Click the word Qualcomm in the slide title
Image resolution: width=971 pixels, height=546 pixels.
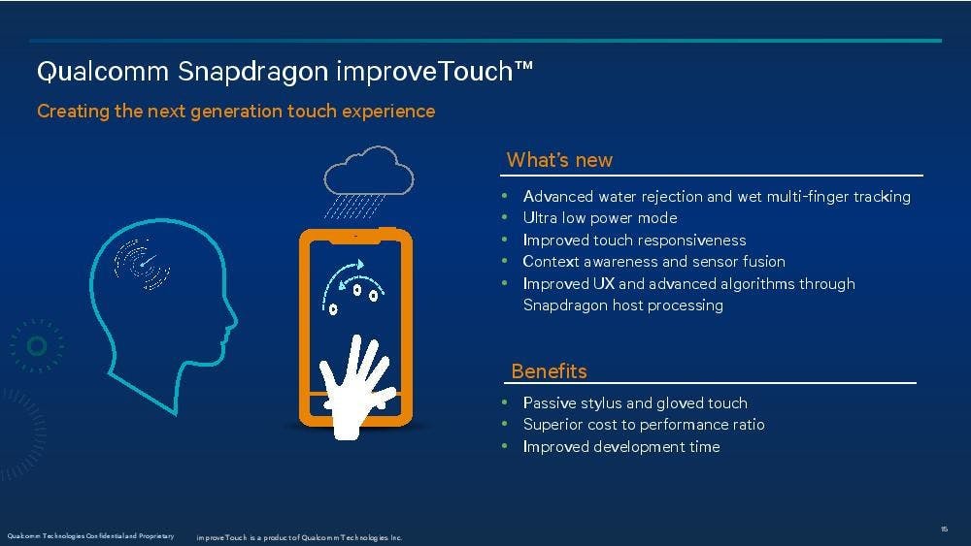[x=103, y=72]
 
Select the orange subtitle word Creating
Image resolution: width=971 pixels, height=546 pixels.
[x=73, y=112]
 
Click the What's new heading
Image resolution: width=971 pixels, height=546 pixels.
[x=559, y=160]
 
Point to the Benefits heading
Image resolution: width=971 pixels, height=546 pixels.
[x=549, y=371]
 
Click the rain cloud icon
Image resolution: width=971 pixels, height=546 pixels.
[x=368, y=182]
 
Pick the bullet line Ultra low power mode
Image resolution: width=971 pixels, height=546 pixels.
[x=599, y=217]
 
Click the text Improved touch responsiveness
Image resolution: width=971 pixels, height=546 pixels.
[x=634, y=240]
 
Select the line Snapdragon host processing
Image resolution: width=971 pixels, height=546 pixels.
[x=623, y=305]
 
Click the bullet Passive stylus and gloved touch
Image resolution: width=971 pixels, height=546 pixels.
[x=635, y=403]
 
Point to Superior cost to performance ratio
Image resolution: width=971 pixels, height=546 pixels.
[x=644, y=425]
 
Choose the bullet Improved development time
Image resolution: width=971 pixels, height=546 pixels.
[x=621, y=446]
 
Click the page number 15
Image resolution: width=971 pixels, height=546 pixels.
[x=945, y=529]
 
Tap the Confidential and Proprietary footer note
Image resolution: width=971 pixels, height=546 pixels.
[x=90, y=536]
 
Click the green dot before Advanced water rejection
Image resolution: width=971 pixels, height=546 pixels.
[x=505, y=196]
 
